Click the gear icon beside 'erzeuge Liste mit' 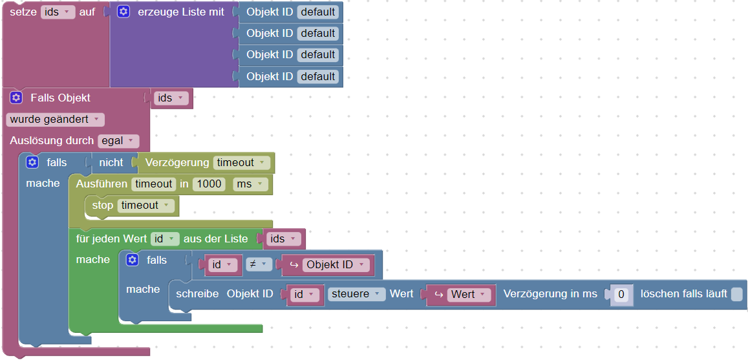[x=123, y=12]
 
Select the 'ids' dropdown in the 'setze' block [x=58, y=12]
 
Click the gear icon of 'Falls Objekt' [x=16, y=98]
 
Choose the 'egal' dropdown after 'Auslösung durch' [x=118, y=141]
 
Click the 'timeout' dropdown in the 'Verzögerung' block [x=242, y=163]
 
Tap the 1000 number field [x=209, y=184]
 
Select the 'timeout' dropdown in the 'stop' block [x=146, y=206]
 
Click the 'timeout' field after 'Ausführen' [x=153, y=184]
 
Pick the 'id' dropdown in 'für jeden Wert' [x=164, y=239]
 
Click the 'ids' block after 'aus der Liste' [x=284, y=239]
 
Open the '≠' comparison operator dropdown [x=258, y=264]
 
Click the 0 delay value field [x=621, y=295]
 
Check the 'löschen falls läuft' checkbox [x=736, y=295]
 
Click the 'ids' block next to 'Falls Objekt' [x=171, y=98]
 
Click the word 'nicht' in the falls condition [x=111, y=163]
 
